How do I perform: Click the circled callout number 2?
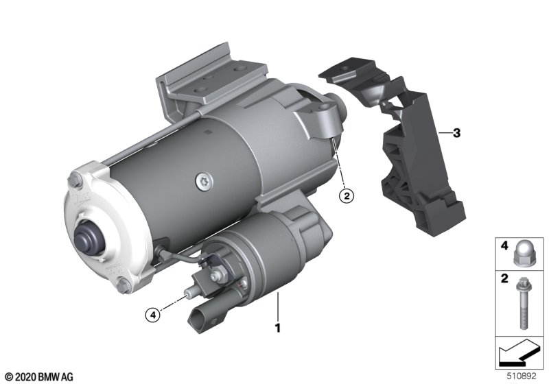[x=347, y=196]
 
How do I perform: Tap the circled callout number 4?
[x=152, y=315]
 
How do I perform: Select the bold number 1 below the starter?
[x=278, y=328]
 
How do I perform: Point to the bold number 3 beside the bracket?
[x=456, y=133]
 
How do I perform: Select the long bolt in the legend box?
[x=522, y=302]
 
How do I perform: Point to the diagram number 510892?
[x=522, y=376]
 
